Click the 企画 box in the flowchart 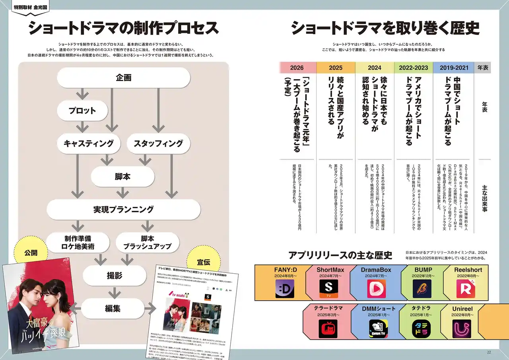tap(124, 78)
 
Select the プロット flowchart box tap(82, 110)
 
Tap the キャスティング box tap(89, 144)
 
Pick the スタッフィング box tap(158, 144)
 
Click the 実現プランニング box tap(124, 209)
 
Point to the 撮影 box tap(115, 276)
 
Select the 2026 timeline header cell tap(297, 68)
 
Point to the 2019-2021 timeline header tap(454, 68)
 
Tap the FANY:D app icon tap(285, 289)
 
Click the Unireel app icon tap(462, 329)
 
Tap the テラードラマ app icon tap(328, 329)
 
